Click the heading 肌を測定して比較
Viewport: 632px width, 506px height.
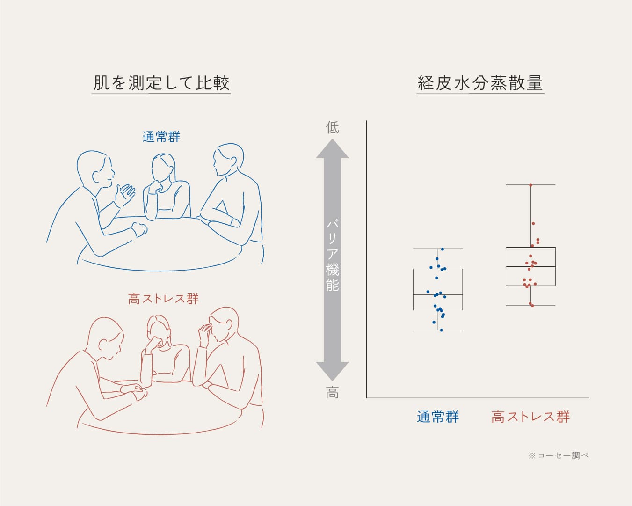point(161,82)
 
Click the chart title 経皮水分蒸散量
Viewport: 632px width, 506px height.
point(480,82)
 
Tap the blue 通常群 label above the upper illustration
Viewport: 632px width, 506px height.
point(161,137)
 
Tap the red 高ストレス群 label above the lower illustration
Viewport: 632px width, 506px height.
point(163,299)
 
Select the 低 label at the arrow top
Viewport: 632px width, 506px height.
point(332,127)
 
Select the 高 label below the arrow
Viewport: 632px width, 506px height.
point(332,393)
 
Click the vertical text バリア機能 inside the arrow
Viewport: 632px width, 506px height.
point(332,256)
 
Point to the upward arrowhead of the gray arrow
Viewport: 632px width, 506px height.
point(332,149)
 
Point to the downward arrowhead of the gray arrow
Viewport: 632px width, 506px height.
point(332,371)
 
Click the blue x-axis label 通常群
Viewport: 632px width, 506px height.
point(437,417)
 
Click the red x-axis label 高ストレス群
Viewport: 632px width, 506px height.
point(530,417)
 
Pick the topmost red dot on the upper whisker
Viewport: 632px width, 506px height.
point(530,185)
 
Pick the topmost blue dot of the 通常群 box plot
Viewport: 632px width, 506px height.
point(442,249)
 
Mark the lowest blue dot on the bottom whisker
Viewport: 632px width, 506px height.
point(442,330)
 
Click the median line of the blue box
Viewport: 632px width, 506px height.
point(438,295)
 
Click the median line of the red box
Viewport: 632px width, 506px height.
point(530,266)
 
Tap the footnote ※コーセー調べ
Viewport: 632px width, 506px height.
point(559,455)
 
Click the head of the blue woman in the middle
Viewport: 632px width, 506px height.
point(163,168)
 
